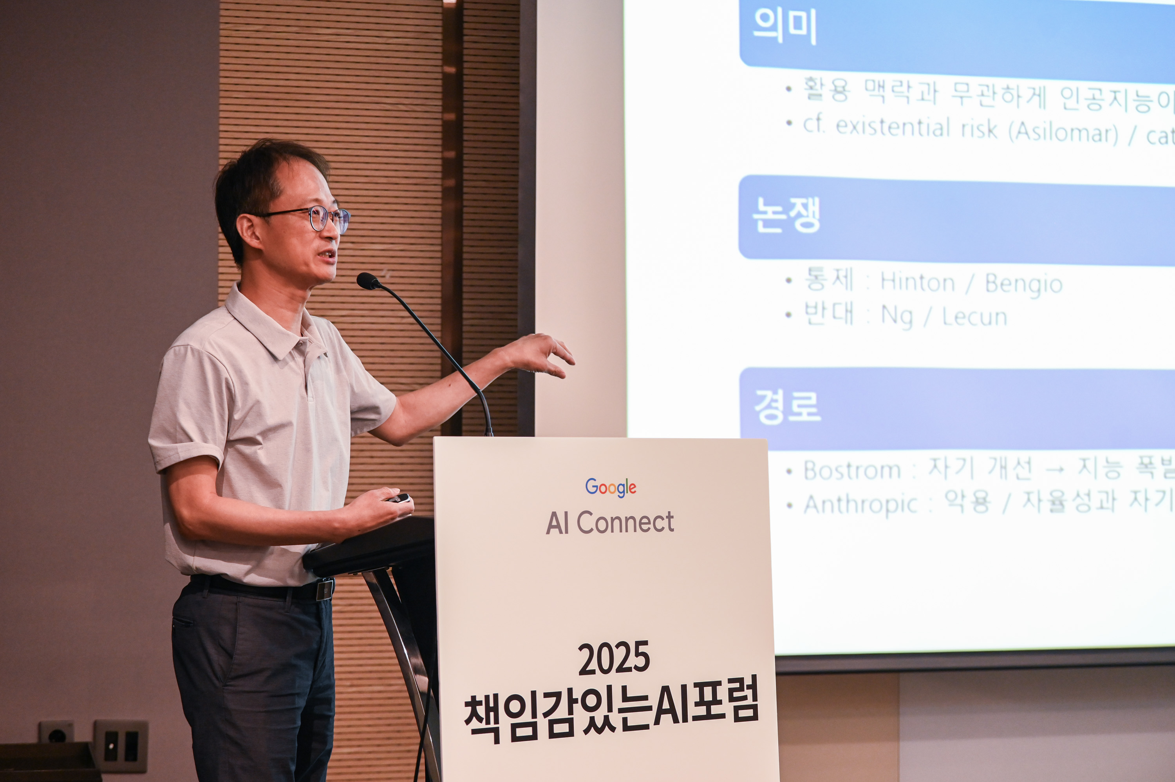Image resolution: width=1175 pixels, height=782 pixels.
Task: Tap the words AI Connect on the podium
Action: click(x=610, y=523)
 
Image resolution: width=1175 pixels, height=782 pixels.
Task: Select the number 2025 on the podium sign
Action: click(x=614, y=658)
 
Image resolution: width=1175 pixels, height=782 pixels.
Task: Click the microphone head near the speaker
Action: click(x=368, y=281)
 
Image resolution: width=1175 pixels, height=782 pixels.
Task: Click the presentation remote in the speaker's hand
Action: click(x=400, y=498)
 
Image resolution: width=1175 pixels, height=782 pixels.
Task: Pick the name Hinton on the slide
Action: click(x=917, y=283)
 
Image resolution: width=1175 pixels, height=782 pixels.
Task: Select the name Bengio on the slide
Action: click(x=1023, y=284)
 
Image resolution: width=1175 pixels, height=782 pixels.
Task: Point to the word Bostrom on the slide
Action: click(x=852, y=470)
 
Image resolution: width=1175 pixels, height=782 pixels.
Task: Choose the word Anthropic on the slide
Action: click(x=860, y=504)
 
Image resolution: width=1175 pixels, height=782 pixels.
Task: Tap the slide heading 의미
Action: click(x=785, y=26)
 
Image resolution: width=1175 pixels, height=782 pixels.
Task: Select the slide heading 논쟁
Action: click(x=786, y=214)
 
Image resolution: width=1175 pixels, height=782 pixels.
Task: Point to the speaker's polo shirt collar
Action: click(x=269, y=324)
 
